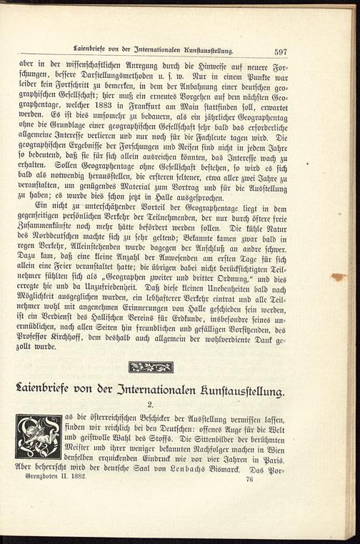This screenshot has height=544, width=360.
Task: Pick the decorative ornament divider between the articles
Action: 151,367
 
